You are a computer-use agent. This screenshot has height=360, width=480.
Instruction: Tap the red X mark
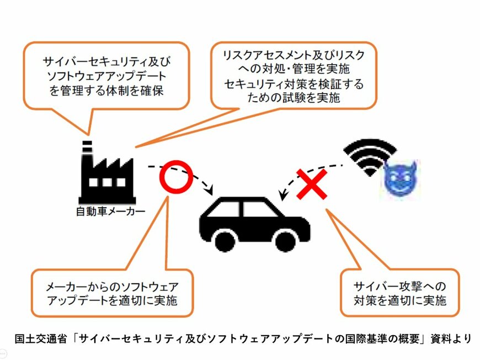coord(312,184)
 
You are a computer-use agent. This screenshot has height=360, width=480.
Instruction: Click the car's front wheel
coord(285,241)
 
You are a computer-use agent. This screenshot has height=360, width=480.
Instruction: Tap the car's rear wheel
coord(225,241)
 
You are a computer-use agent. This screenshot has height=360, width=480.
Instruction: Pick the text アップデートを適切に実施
coord(113,301)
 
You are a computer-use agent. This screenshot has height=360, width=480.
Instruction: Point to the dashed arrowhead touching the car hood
coord(282,195)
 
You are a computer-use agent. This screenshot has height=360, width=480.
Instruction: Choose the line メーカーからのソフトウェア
coord(113,287)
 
